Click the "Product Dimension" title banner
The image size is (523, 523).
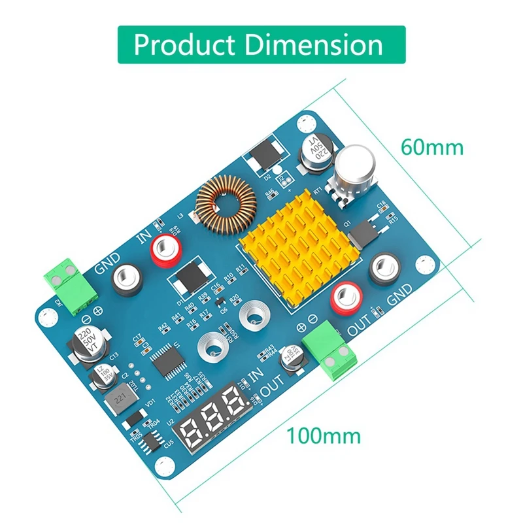(258, 45)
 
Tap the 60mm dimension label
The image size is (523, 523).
(431, 147)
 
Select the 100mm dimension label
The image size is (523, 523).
(323, 434)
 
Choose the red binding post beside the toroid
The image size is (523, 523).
(165, 250)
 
